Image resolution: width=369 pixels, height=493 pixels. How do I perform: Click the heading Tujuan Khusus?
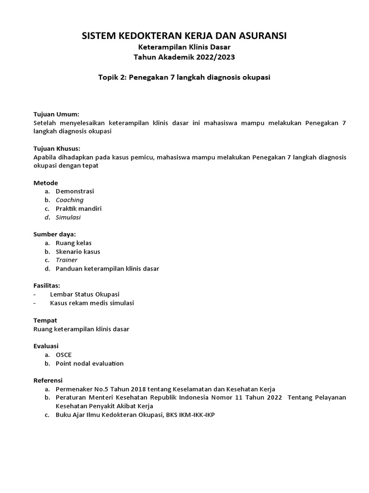[57, 148]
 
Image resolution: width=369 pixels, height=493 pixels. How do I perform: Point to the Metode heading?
[46, 183]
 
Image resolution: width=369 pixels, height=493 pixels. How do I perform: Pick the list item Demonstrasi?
[75, 191]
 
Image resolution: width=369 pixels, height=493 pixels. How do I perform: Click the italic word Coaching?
[70, 200]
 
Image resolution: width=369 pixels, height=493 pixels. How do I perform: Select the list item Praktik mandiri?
[78, 208]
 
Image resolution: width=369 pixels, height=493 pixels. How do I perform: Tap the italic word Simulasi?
[68, 217]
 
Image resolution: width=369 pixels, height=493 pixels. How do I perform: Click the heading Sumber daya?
[55, 234]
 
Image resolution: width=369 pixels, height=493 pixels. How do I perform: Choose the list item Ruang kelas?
[74, 243]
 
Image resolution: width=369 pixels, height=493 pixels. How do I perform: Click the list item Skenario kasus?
[78, 251]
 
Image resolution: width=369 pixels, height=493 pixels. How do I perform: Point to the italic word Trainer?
[66, 260]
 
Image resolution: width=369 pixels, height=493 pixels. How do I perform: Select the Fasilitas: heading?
[47, 285]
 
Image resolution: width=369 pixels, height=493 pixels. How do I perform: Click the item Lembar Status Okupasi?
[85, 294]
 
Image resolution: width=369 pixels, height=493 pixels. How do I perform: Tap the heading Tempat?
[45, 320]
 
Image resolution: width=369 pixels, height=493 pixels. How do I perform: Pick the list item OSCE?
[64, 355]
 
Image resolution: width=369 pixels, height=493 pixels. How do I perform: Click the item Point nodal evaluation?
[89, 363]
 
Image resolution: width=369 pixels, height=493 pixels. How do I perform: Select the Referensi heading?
[48, 380]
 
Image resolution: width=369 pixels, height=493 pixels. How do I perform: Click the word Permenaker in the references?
[73, 389]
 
